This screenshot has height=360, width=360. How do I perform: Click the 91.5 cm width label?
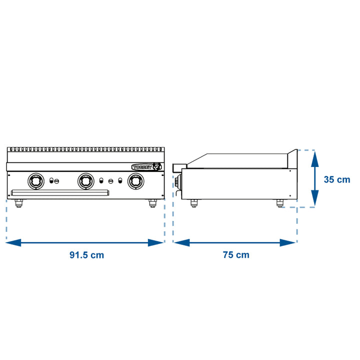[86, 255]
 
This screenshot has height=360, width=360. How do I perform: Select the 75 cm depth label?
[236, 255]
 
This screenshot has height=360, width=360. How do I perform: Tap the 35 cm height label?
[337, 179]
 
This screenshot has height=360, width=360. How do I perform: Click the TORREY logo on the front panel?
[146, 167]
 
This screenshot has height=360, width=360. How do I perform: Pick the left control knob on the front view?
[36, 181]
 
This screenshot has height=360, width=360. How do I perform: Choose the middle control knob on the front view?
[86, 181]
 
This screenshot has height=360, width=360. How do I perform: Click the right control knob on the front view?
[136, 181]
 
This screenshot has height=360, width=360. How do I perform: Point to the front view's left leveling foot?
[18, 203]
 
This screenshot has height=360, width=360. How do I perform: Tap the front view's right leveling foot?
[152, 203]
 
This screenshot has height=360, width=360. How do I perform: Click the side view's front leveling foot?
[194, 203]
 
